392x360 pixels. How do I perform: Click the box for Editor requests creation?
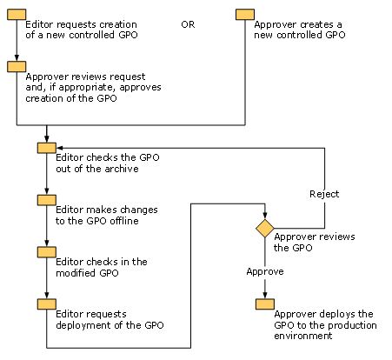click(17, 15)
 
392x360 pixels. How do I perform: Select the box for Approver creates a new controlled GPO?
click(245, 15)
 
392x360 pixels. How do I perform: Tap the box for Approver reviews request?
click(17, 66)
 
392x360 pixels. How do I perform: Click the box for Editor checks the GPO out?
click(47, 148)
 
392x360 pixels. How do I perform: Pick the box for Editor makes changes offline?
click(47, 200)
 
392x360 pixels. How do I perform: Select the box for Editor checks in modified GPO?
click(47, 252)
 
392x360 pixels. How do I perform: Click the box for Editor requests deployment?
click(47, 304)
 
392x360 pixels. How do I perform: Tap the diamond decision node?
click(265, 229)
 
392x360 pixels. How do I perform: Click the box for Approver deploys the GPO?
click(265, 304)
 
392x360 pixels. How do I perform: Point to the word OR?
click(188, 24)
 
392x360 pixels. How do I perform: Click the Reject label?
click(324, 194)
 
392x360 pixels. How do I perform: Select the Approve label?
click(265, 272)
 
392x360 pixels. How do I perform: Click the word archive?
click(122, 169)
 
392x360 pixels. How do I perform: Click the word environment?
click(302, 336)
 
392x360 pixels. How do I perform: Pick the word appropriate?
click(87, 88)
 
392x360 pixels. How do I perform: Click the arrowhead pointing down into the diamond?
click(265, 216)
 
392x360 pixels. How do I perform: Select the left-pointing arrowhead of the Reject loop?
click(60, 148)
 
